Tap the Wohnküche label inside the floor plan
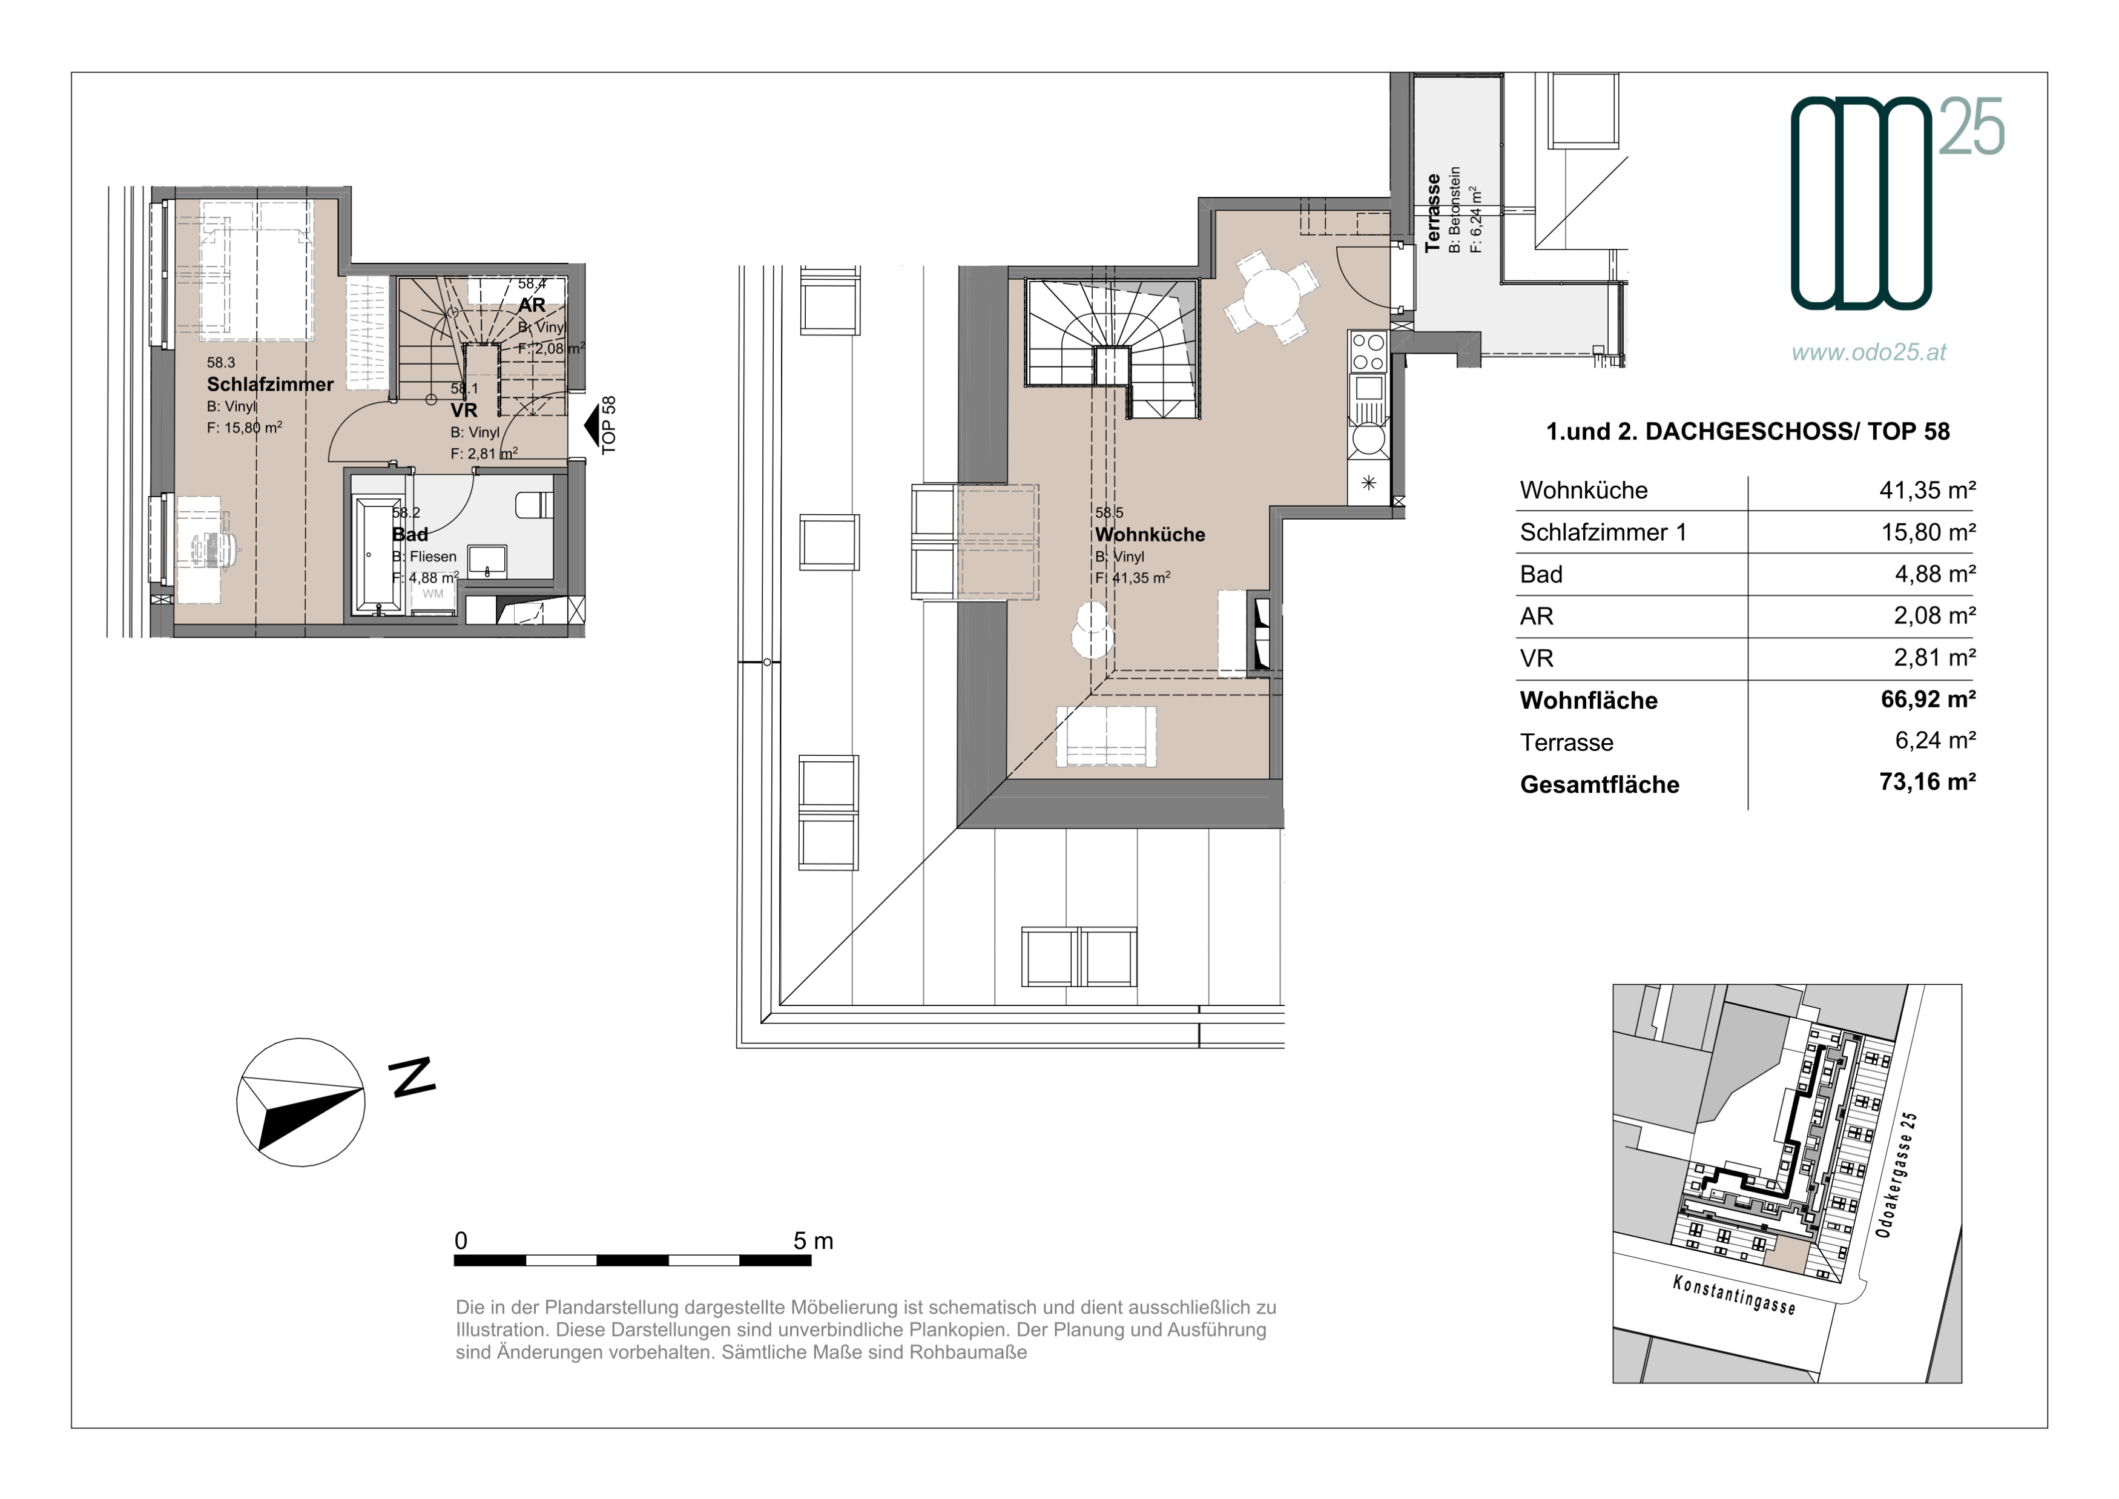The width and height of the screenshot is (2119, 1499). [1150, 534]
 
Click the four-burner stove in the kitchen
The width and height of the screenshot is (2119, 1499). [1368, 352]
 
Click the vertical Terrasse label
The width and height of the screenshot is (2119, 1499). [1432, 213]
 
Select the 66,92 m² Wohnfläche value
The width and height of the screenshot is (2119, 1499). [1928, 699]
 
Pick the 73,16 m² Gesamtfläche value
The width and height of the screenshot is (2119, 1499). [1928, 782]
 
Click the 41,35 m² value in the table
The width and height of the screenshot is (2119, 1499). [1928, 489]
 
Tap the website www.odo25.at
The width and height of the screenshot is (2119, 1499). [1869, 352]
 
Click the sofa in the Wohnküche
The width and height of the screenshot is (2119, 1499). [1106, 736]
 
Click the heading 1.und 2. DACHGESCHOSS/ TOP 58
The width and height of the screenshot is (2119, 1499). [1748, 432]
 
